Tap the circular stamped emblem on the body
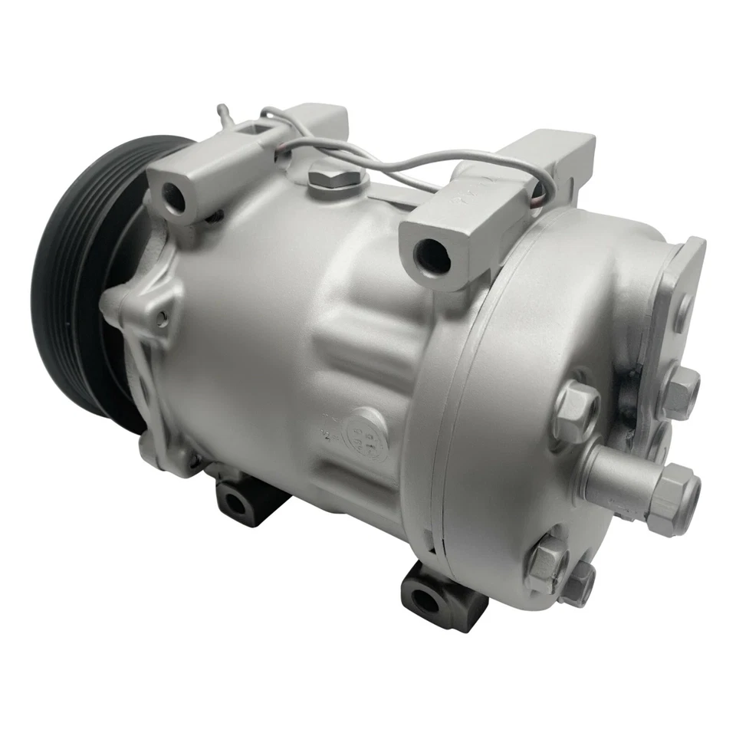tap(368, 429)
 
